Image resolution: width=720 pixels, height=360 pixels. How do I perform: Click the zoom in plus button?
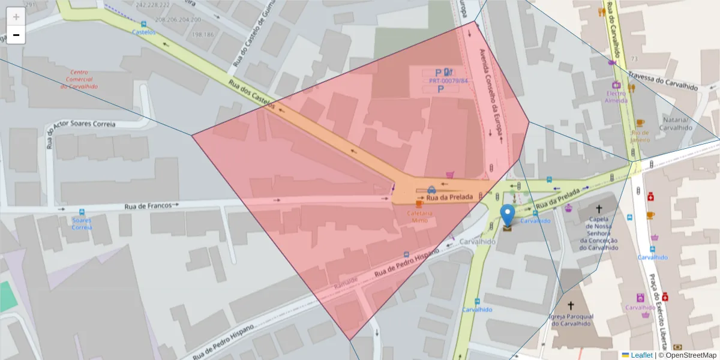pos(16,17)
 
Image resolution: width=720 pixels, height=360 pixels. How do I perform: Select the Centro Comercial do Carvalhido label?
pos(79,79)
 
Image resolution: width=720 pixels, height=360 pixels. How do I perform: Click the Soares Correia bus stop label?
pos(82,223)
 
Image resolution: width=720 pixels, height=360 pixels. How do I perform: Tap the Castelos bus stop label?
pos(143,32)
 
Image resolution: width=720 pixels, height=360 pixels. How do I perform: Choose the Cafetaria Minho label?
pos(419,217)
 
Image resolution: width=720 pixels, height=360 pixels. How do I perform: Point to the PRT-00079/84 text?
pos(448,80)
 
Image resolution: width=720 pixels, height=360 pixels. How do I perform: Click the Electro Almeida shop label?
pos(616,97)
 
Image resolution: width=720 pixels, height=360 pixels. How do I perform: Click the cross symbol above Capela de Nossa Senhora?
pos(598,209)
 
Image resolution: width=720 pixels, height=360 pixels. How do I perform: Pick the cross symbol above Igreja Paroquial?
pos(571,305)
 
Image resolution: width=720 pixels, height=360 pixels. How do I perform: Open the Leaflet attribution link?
pos(641,355)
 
